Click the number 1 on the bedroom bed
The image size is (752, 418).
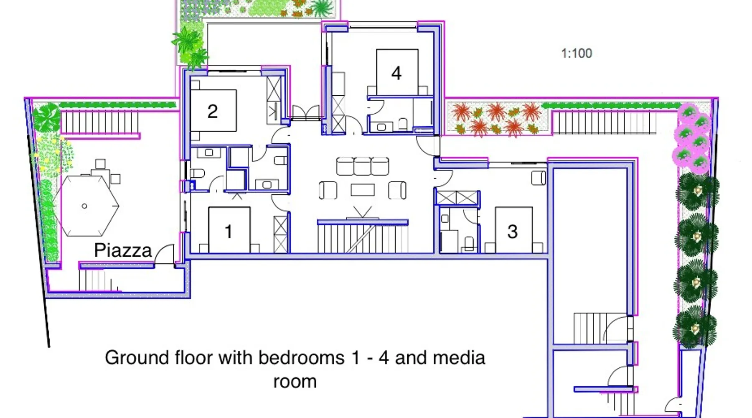tap(228, 232)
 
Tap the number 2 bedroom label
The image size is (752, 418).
tap(213, 111)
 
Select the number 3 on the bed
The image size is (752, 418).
tap(513, 232)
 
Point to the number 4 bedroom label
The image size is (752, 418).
tap(396, 73)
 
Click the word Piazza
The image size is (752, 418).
tap(123, 250)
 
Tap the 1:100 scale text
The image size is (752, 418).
tap(577, 54)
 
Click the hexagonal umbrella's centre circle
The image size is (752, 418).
tap(84, 206)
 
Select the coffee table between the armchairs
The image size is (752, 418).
tap(363, 190)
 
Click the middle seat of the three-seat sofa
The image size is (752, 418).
tap(363, 166)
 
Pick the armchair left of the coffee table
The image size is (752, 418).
tap(328, 190)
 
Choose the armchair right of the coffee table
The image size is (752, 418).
tap(397, 190)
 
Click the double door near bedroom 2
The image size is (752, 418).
tap(306, 113)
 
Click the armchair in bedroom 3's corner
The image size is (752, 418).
tap(539, 178)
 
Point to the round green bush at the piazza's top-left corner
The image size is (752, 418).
tap(46, 117)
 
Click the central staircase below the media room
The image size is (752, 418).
tap(363, 237)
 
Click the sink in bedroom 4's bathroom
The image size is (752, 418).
tap(381, 127)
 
